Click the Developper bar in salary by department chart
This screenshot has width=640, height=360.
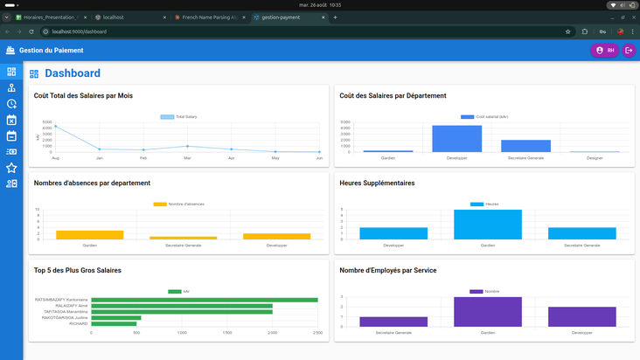coord(457,139)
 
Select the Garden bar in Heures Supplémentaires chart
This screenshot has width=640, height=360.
coord(487,225)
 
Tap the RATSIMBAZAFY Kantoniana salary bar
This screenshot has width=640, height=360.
coord(204,300)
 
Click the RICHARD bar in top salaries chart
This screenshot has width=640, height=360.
coord(114,323)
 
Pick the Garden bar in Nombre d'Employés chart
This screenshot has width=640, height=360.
coord(487,312)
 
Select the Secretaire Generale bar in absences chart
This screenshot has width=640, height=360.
coord(183,238)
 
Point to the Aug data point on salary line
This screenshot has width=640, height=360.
coord(55,126)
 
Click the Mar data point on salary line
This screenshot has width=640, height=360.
coord(187,147)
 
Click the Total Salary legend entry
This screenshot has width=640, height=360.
coord(179,116)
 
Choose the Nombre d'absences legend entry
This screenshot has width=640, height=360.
coord(179,204)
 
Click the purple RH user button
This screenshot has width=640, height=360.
coord(604,51)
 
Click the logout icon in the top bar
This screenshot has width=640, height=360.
coord(629,51)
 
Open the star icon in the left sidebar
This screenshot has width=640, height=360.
coord(11,168)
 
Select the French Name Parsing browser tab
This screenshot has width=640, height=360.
coord(209,17)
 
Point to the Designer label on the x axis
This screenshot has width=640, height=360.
coord(595,157)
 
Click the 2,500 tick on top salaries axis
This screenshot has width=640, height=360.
coord(317,333)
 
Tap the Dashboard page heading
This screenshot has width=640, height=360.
coord(73,73)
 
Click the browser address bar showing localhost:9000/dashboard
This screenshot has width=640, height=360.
coord(262,31)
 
